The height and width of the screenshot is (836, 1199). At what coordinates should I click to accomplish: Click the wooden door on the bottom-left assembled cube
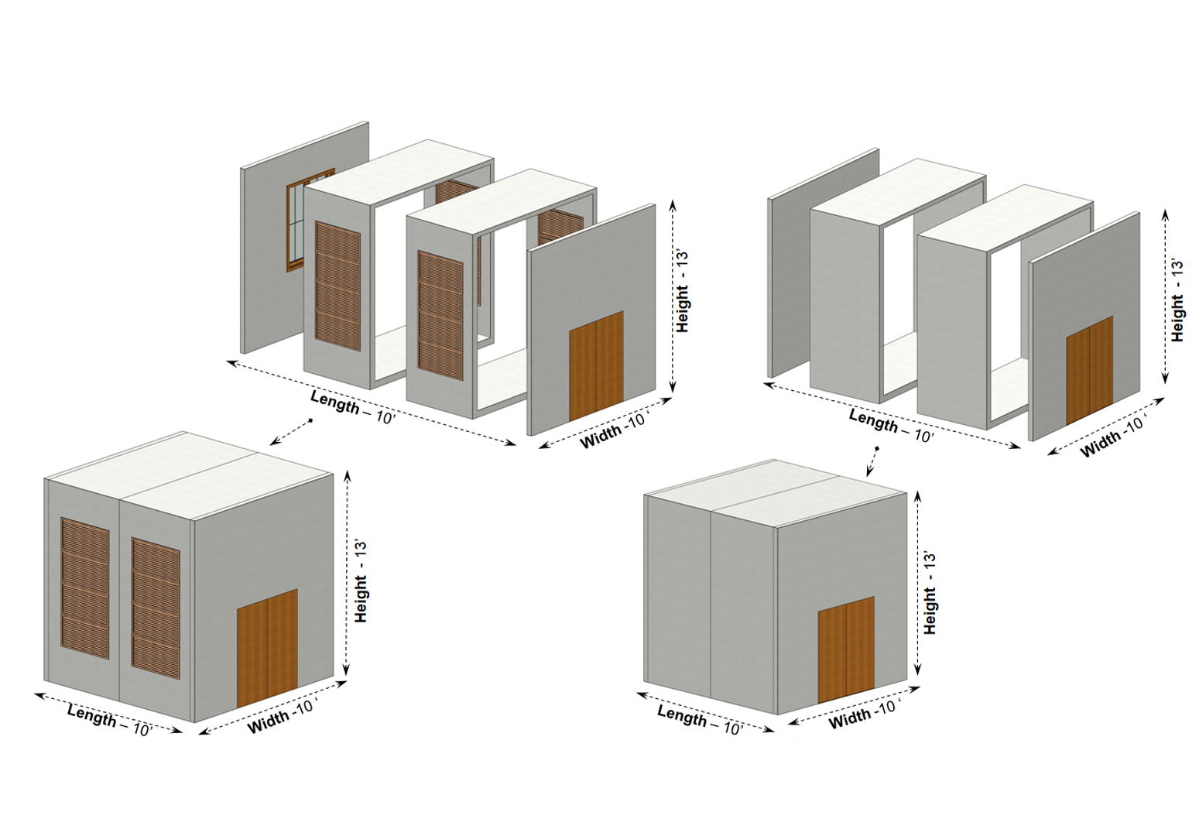[267, 648]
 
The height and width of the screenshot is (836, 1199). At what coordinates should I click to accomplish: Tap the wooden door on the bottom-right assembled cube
[846, 649]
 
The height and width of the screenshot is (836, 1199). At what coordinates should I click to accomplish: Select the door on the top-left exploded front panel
[596, 366]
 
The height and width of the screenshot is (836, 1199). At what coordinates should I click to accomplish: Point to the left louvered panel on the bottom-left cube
[85, 588]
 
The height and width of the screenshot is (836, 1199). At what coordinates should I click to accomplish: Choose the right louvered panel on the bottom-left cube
[156, 609]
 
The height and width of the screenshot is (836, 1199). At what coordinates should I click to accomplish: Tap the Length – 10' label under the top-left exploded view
[353, 407]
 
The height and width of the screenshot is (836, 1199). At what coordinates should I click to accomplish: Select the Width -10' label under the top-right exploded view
[1112, 437]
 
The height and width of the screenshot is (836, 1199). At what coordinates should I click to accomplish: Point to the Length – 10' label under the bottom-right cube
[700, 720]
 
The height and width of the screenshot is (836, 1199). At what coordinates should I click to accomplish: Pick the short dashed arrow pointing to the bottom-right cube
[872, 461]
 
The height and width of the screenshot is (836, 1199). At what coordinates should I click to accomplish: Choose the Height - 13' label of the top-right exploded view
[1177, 300]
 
